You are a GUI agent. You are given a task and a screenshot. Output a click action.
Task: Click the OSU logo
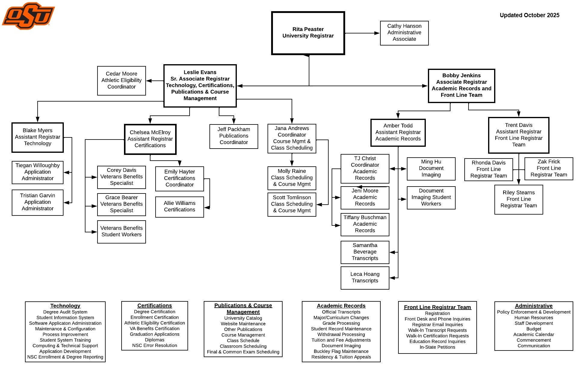tap(28, 16)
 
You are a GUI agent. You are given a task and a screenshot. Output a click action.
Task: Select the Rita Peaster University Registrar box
tap(308, 33)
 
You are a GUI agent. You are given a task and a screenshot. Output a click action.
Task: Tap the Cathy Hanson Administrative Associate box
tap(404, 33)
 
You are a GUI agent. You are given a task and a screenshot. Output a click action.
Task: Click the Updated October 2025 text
tap(529, 15)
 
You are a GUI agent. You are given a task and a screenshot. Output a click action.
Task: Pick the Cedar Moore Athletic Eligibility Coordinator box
tap(121, 80)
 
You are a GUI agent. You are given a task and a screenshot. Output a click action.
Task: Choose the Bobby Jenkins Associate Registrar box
tap(461, 86)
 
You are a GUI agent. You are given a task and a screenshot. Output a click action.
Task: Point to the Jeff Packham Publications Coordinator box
tap(234, 136)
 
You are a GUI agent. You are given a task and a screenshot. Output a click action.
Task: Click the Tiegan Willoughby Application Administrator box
tap(38, 172)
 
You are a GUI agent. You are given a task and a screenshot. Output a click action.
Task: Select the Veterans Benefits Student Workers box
tap(121, 231)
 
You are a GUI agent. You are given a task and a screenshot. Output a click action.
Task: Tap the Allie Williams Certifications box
tap(179, 207)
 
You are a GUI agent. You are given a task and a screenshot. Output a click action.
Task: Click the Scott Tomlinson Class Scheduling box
tap(292, 204)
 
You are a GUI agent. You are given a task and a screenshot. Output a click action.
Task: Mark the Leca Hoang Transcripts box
tap(365, 278)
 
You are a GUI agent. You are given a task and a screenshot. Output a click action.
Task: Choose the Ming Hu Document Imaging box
tap(431, 168)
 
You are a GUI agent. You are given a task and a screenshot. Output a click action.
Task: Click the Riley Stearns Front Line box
tap(518, 199)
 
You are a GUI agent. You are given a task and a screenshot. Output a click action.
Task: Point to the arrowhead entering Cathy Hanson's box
tap(377, 33)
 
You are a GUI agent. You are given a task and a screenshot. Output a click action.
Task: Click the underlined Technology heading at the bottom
tap(65, 306)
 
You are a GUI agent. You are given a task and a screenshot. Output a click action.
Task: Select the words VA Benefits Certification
tap(154, 328)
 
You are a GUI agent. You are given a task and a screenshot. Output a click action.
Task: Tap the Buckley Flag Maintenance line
tap(341, 351)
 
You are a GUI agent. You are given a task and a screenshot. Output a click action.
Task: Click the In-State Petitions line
tap(437, 347)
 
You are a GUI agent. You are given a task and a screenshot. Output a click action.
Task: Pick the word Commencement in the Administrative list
tap(534, 340)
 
